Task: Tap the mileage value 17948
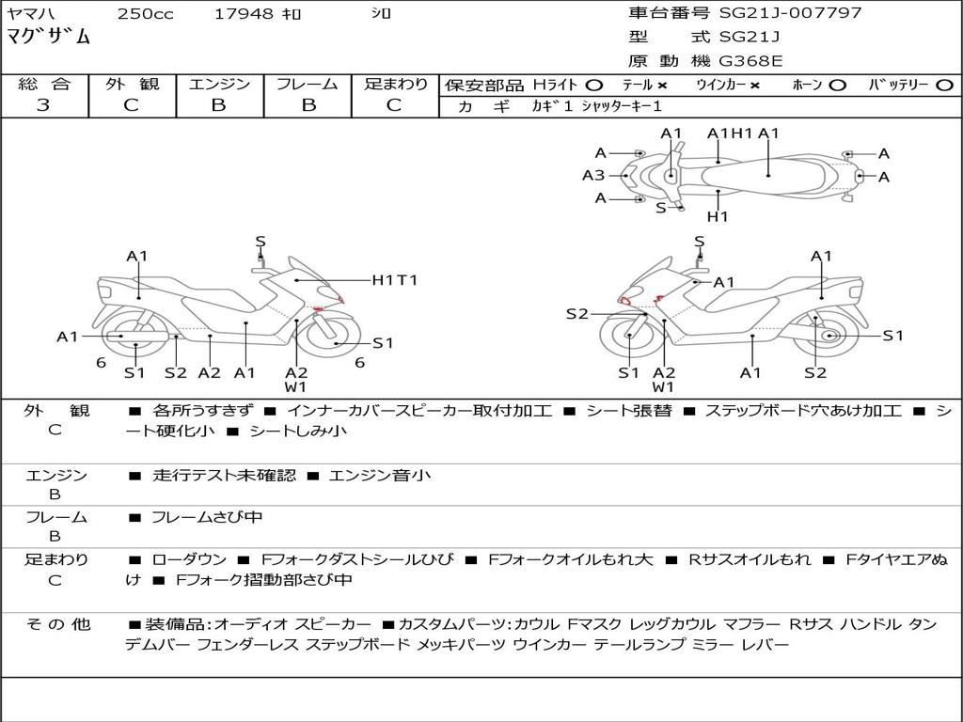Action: coord(244,13)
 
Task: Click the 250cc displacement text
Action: coord(144,13)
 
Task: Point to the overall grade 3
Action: coord(43,105)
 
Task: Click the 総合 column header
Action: coord(44,84)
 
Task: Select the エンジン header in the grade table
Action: coord(219,84)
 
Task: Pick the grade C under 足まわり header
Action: coord(395,105)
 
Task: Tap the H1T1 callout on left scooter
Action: coord(394,279)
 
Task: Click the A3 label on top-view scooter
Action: coord(592,175)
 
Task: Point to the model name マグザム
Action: coord(49,38)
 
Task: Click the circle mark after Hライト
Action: coord(593,85)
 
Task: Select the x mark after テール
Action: coord(662,85)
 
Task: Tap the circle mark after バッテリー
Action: coord(944,85)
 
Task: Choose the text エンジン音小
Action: coord(380,476)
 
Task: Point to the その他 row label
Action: coord(57,624)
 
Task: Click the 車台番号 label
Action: coord(669,13)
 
